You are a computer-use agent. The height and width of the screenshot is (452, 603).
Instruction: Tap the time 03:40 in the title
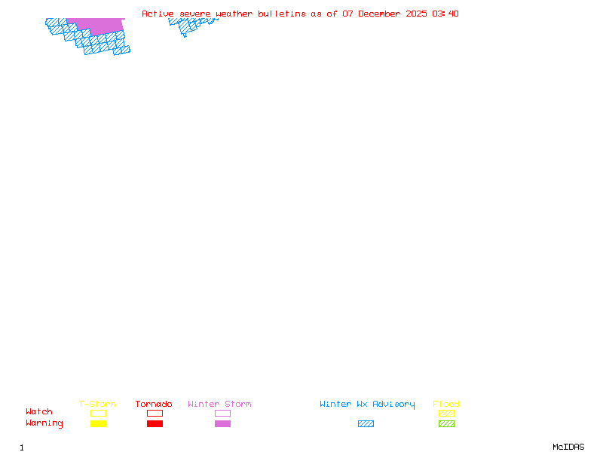click(445, 14)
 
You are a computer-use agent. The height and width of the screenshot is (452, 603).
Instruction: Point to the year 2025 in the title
click(417, 14)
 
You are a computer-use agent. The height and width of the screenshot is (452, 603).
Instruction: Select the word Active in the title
click(158, 14)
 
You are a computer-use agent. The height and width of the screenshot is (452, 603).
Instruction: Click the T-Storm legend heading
click(97, 405)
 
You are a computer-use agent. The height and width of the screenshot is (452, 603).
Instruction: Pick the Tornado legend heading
click(154, 405)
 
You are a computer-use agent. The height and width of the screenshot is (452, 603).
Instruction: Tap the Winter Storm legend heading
click(219, 405)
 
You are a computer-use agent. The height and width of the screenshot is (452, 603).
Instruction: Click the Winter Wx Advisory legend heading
click(367, 405)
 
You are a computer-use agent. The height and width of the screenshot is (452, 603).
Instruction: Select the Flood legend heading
click(446, 405)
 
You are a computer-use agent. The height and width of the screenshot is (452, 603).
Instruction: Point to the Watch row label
click(39, 412)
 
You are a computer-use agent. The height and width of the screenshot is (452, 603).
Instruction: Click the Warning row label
click(44, 423)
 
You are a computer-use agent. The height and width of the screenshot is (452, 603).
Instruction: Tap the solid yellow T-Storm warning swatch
click(98, 423)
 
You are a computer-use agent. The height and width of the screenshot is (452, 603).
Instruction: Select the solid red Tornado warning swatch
click(155, 423)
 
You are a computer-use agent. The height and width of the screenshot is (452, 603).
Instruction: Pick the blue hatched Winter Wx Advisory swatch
click(366, 423)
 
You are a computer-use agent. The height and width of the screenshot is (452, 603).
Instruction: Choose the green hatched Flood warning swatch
click(446, 423)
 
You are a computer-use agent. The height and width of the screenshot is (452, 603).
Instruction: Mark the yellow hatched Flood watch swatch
click(446, 413)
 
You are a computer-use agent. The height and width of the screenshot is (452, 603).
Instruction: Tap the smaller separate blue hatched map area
click(188, 25)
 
